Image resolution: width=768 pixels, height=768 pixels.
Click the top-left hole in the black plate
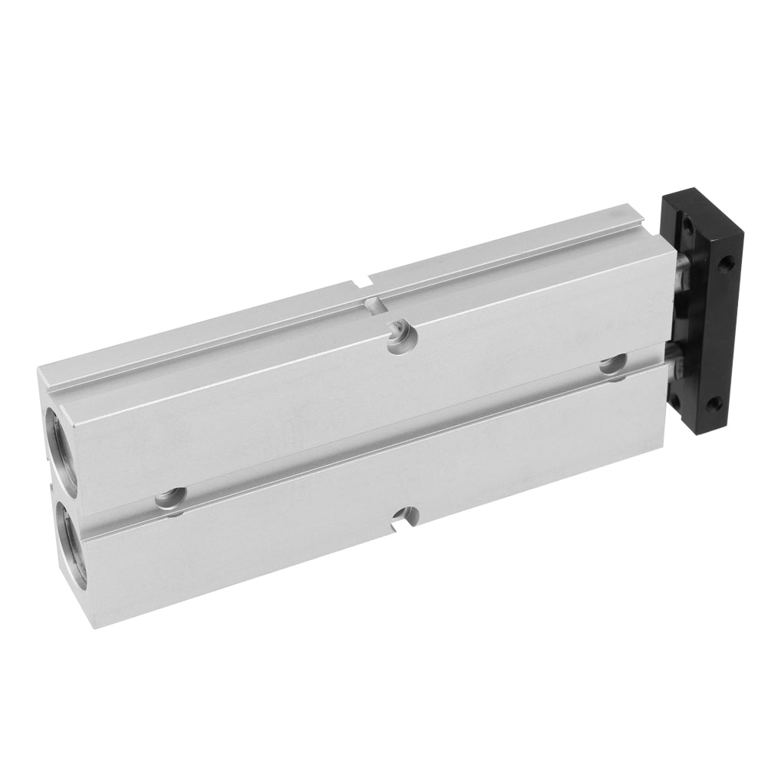(689, 224)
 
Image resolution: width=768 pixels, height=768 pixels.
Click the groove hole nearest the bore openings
(170, 499)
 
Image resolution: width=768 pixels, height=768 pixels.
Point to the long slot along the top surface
(345, 322)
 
